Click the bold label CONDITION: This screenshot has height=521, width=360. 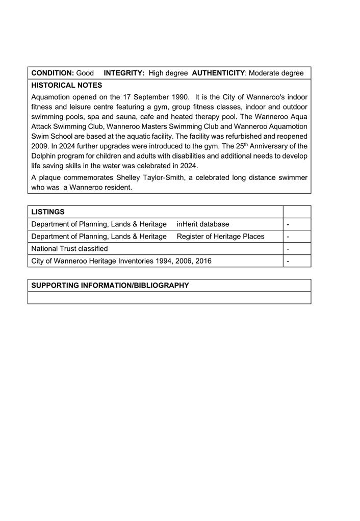[53, 73]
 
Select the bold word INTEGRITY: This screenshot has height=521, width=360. [124, 73]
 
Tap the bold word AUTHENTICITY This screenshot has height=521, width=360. [218, 73]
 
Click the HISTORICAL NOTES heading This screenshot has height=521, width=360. [66, 85]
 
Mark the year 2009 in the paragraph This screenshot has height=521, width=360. [40, 146]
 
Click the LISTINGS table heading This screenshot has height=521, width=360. [48, 212]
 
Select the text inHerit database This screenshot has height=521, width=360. [202, 224]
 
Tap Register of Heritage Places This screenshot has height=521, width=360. [220, 236]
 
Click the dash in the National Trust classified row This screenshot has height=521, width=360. [288, 249]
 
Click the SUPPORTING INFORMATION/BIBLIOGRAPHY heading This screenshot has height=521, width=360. [110, 285]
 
